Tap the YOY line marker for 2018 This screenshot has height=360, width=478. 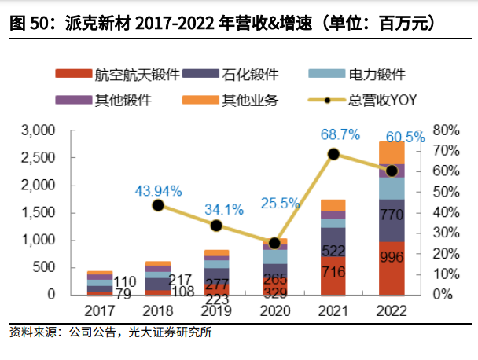157,205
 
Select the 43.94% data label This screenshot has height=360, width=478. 158,191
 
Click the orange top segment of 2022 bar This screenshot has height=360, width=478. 391,152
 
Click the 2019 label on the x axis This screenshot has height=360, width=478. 215,310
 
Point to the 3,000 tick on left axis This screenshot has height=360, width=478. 39,130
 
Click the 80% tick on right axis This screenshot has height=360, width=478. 446,130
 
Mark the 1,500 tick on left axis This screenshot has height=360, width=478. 39,212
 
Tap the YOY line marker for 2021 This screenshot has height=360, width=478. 333,154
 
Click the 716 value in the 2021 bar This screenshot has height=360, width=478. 333,272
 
